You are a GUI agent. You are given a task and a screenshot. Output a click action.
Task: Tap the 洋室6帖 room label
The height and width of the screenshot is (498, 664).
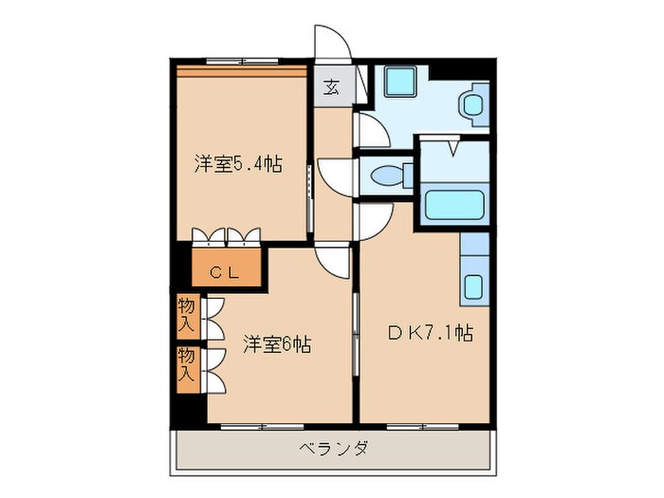[275, 345]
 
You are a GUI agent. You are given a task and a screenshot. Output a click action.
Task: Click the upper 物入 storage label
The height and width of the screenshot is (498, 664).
[187, 315]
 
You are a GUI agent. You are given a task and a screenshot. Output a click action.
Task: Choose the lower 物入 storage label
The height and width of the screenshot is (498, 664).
[187, 365]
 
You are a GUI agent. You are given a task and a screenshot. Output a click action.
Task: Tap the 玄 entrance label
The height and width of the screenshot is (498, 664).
[331, 87]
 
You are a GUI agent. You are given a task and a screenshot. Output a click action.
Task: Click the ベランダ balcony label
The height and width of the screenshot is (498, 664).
[333, 448]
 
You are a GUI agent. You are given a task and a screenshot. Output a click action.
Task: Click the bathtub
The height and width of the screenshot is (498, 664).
[453, 205]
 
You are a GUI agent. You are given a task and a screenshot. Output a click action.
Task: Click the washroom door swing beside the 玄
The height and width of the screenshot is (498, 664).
[371, 130]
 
